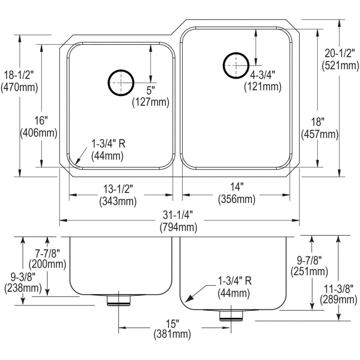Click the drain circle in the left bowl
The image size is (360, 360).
(x=120, y=83)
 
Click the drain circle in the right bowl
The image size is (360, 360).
(x=236, y=65)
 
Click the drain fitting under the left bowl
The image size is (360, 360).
(x=119, y=300)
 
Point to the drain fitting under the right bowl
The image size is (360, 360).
(x=231, y=315)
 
